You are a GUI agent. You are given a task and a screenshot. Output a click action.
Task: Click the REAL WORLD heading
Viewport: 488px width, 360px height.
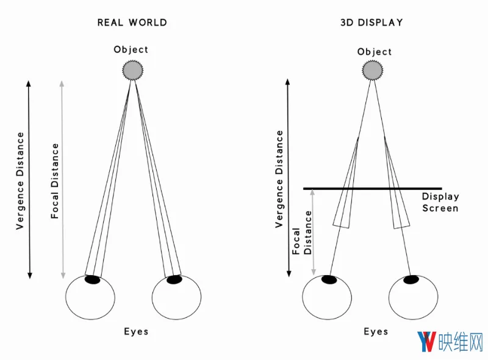click(x=132, y=23)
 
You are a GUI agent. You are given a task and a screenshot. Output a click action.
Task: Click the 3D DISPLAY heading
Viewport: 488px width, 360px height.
click(x=371, y=23)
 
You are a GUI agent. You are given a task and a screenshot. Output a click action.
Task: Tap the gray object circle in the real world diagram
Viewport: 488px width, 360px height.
click(x=132, y=70)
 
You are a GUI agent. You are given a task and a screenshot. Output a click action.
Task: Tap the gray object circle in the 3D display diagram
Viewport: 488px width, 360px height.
click(x=373, y=70)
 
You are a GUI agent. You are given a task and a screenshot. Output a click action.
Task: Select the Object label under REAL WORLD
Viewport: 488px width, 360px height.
click(x=131, y=49)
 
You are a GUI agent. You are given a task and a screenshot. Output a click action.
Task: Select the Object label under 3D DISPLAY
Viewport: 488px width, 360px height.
click(x=375, y=52)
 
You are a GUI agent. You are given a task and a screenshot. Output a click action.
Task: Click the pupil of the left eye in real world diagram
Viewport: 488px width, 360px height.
click(x=93, y=279)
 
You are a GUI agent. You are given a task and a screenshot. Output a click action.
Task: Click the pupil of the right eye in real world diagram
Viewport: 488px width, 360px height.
click(x=174, y=279)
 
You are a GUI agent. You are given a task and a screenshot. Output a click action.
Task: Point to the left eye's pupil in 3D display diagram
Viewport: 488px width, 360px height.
click(x=329, y=279)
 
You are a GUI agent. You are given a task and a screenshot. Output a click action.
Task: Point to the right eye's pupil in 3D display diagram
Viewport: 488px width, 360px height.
click(x=411, y=279)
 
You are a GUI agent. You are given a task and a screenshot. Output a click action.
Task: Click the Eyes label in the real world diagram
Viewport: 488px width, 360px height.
click(x=136, y=331)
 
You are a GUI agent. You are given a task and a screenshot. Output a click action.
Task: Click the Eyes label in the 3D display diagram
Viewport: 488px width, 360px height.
click(x=376, y=331)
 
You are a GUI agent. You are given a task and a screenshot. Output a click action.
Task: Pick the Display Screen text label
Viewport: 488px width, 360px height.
click(x=440, y=203)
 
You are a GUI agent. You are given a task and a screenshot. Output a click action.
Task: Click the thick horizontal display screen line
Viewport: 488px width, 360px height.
click(x=373, y=189)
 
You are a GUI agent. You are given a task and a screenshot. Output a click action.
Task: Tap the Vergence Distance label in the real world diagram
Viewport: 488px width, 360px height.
click(x=20, y=181)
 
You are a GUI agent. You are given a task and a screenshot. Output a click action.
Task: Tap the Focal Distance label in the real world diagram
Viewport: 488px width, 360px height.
click(x=55, y=181)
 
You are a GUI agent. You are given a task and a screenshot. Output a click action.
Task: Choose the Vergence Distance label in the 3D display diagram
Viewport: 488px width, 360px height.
click(x=279, y=179)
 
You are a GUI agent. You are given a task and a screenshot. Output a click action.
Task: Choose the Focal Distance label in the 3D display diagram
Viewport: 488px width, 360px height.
click(x=302, y=232)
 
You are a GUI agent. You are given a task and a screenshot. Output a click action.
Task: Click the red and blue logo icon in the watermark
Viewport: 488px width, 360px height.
click(x=426, y=342)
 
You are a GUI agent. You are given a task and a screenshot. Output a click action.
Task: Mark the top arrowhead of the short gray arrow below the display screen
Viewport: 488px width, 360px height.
click(x=312, y=192)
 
